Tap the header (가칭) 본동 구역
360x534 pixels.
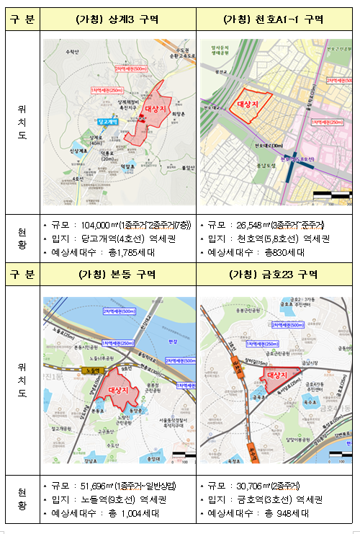(x=117, y=275)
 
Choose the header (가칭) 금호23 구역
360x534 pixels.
(x=273, y=275)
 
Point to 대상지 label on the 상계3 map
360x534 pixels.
(x=155, y=108)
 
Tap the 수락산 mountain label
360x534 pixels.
(x=71, y=52)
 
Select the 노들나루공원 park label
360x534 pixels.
(x=89, y=357)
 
